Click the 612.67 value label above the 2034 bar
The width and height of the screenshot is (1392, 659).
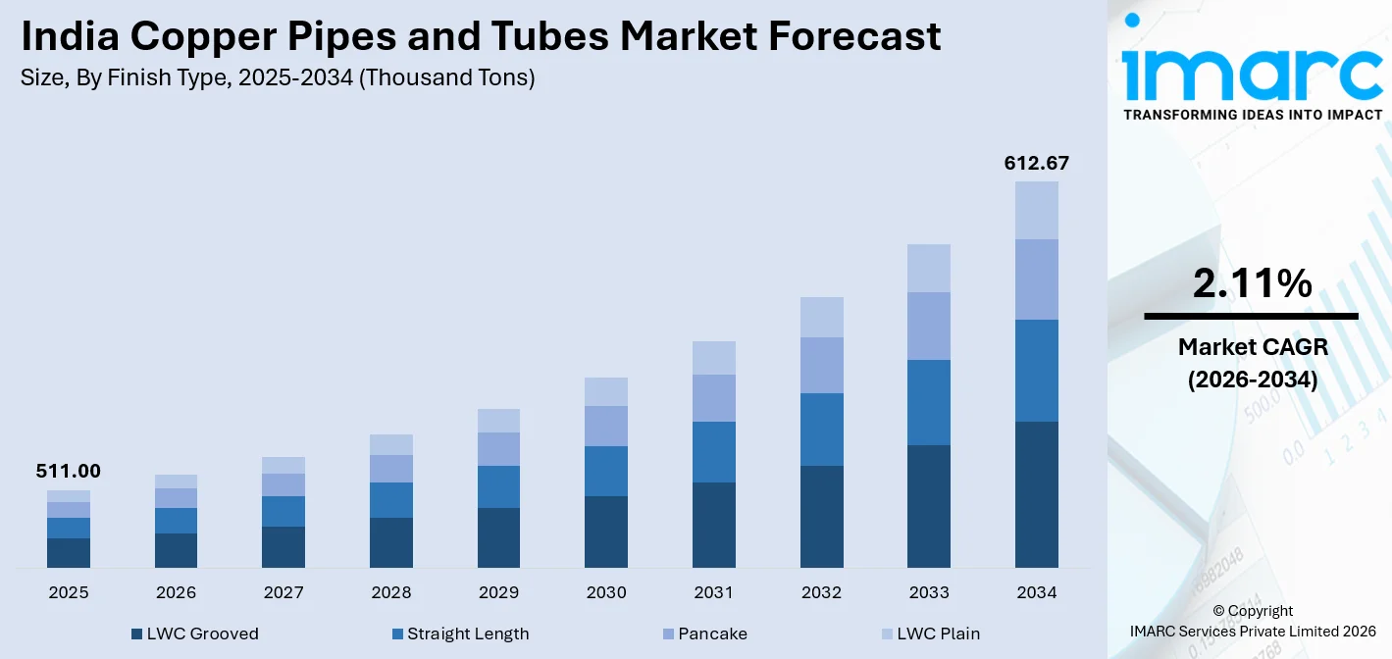pyautogui.click(x=1036, y=163)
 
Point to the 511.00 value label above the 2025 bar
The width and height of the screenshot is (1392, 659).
pyautogui.click(x=68, y=472)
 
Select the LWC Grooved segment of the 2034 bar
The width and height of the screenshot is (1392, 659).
pyautogui.click(x=1037, y=494)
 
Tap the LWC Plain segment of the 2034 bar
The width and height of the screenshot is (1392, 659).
pyautogui.click(x=1037, y=210)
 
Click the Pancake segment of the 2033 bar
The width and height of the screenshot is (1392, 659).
pyautogui.click(x=929, y=326)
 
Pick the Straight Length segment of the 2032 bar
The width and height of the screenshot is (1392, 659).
pyautogui.click(x=821, y=430)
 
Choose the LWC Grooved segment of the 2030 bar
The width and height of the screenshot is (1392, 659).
pyautogui.click(x=606, y=532)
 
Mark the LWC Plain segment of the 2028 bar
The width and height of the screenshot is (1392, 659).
pyautogui.click(x=391, y=444)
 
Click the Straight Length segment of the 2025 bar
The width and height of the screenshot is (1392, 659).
pyautogui.click(x=69, y=528)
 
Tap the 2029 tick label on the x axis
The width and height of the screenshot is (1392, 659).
pyautogui.click(x=498, y=592)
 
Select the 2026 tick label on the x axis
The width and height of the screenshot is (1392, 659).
pyautogui.click(x=176, y=592)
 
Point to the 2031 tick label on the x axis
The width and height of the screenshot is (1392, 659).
pyautogui.click(x=713, y=592)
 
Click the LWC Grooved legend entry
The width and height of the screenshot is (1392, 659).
pyautogui.click(x=194, y=634)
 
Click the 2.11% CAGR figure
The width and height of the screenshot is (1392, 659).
pyautogui.click(x=1252, y=283)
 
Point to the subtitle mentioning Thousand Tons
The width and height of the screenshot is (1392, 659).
pyautogui.click(x=278, y=78)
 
